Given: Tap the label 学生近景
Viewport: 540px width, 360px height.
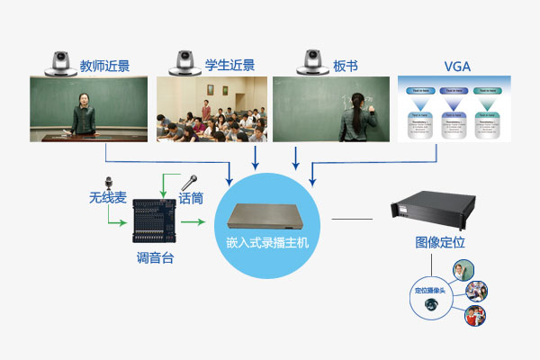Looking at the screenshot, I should pyautogui.click(x=230, y=65).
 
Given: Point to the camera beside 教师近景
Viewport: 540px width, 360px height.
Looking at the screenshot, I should pyautogui.click(x=59, y=60).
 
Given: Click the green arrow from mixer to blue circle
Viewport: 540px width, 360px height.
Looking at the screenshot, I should pyautogui.click(x=193, y=220).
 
